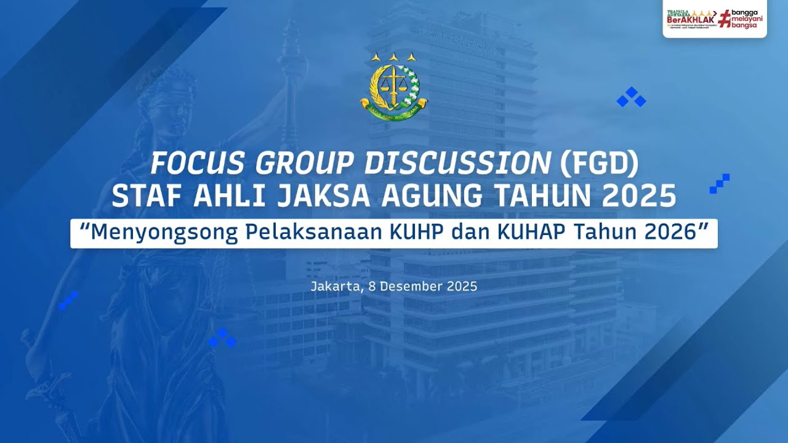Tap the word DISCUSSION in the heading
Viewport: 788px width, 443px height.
[457, 164]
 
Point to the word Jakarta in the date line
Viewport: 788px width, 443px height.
[335, 286]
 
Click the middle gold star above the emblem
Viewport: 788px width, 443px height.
[393, 57]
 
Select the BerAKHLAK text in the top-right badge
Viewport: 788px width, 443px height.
[689, 19]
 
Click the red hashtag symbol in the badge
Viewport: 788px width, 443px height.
[726, 18]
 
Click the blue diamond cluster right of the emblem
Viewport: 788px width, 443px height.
[631, 97]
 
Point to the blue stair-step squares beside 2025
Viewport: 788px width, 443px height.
[720, 184]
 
